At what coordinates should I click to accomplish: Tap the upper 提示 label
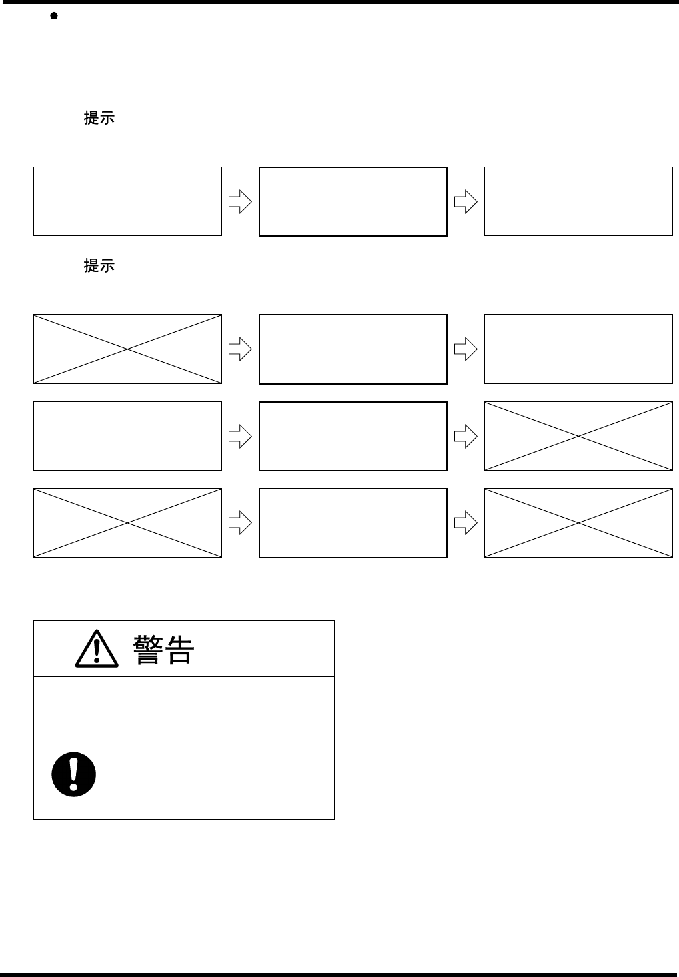[99, 119]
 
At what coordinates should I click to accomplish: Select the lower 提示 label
[99, 266]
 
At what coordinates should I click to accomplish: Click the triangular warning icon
[97, 650]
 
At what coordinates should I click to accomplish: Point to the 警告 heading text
[163, 650]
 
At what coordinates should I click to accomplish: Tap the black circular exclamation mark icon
[74, 775]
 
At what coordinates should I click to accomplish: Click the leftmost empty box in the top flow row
[127, 201]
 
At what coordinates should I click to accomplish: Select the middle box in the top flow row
[352, 201]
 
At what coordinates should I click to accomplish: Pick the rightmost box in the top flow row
[578, 201]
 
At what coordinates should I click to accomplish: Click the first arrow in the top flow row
[240, 201]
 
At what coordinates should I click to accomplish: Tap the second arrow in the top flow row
[466, 201]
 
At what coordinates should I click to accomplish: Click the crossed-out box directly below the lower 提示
[127, 349]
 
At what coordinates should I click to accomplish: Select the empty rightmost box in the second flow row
[578, 349]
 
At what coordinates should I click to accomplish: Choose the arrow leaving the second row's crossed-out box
[240, 349]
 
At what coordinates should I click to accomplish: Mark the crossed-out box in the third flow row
[578, 436]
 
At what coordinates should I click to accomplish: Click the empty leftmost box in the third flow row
[127, 436]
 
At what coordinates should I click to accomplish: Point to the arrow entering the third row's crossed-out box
[466, 436]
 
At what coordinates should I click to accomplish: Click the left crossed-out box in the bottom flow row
[127, 522]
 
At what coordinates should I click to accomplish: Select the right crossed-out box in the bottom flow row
[578, 522]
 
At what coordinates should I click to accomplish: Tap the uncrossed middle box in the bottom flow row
[352, 522]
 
